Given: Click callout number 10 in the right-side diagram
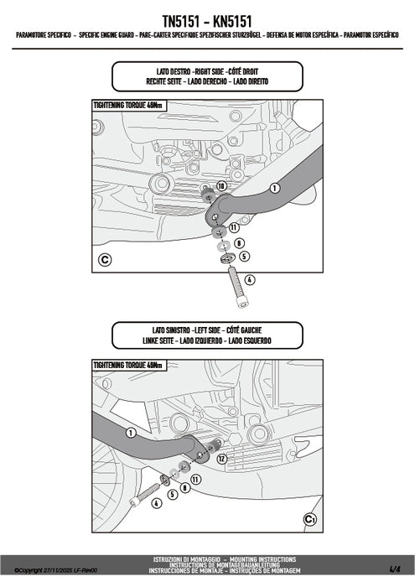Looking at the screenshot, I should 221,184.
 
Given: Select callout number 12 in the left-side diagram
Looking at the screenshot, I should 221,459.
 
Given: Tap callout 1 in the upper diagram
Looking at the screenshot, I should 273,188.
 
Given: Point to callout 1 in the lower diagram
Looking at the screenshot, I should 132,432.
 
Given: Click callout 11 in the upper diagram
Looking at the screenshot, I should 233,227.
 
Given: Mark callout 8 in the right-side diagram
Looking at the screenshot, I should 239,242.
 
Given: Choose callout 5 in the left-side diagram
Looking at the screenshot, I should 172,494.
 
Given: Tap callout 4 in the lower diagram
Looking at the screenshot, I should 155,502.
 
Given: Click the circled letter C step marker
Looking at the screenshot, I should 105,259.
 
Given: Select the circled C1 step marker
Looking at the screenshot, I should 309,520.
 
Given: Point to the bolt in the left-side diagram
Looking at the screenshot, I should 157,487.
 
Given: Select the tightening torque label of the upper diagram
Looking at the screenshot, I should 128,106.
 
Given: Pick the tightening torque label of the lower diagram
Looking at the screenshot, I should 128,366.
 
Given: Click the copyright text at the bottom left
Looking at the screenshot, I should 49,570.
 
